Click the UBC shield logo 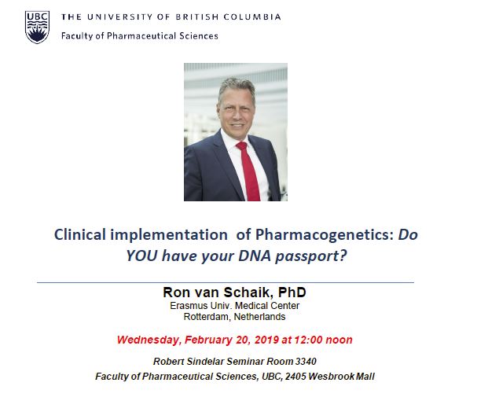(x=37, y=28)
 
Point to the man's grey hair (x=237, y=86)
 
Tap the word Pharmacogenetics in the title (x=325, y=235)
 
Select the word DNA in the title (x=255, y=256)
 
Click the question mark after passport (x=343, y=256)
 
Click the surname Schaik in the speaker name (x=247, y=292)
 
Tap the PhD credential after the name (x=292, y=292)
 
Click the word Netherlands (x=260, y=317)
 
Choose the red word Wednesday (x=149, y=340)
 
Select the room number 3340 (x=306, y=362)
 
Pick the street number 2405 (x=295, y=377)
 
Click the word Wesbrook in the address (x=331, y=377)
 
